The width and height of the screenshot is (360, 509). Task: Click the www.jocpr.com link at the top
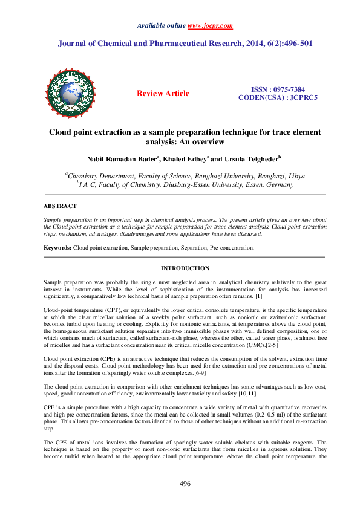(210, 26)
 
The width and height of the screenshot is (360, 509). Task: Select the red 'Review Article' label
(163, 94)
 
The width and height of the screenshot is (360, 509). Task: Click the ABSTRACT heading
(59, 206)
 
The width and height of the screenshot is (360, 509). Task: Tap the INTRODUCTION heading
(185, 268)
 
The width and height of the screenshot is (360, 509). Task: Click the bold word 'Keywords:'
(58, 248)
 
